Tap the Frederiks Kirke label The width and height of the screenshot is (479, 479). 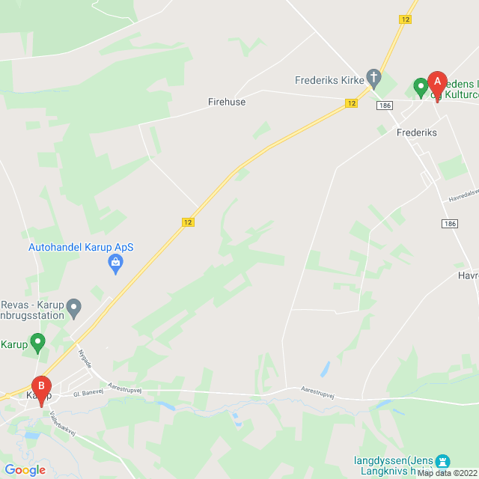(x=329, y=79)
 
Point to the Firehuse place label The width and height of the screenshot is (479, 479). (x=227, y=102)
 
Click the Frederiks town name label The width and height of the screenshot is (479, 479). (x=416, y=132)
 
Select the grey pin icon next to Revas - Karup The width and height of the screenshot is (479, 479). (x=73, y=307)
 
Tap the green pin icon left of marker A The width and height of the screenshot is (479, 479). (x=421, y=88)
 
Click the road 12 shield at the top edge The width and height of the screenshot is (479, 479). (x=406, y=20)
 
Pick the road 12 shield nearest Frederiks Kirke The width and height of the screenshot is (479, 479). (x=351, y=103)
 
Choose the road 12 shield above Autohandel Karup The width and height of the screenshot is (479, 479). (x=188, y=222)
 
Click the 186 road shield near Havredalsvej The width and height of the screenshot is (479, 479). (x=449, y=224)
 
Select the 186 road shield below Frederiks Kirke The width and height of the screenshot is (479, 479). (x=385, y=106)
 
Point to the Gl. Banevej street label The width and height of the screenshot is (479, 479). (x=87, y=392)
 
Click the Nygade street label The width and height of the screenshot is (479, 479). (x=84, y=358)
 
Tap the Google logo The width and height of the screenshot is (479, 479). (x=25, y=470)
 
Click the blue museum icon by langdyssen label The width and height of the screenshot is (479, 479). (x=442, y=460)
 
